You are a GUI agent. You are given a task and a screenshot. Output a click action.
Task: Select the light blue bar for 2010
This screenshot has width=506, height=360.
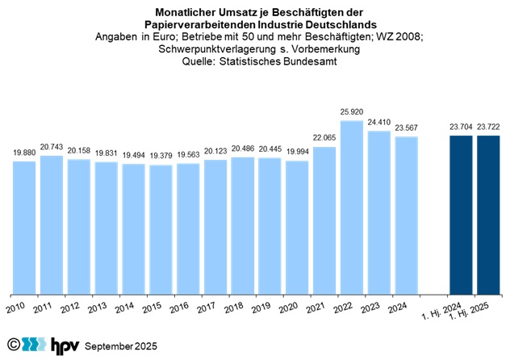(24, 228)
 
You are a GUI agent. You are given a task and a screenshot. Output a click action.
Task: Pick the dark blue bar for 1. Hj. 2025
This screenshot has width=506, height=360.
(488, 215)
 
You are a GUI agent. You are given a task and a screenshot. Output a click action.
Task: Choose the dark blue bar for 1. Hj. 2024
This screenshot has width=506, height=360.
(461, 215)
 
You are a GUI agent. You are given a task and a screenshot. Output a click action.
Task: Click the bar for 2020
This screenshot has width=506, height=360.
(297, 228)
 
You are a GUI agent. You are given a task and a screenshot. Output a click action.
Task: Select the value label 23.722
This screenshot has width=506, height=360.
(488, 128)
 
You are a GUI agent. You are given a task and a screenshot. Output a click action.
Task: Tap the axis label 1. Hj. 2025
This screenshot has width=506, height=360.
(482, 313)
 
